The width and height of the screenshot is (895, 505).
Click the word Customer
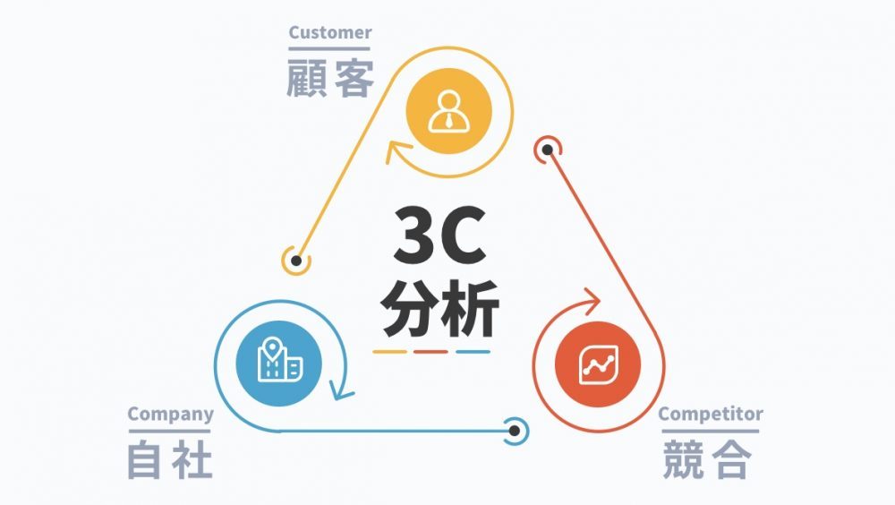(329, 33)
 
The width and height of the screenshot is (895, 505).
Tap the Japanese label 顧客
(330, 79)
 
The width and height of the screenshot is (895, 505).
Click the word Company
(170, 414)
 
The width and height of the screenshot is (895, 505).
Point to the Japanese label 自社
(170, 459)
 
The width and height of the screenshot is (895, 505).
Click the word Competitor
(710, 414)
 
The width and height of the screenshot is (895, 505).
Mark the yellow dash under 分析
(390, 351)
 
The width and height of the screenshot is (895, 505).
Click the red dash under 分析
(431, 351)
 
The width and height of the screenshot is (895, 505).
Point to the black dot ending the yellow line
(296, 261)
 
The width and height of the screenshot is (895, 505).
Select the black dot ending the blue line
(515, 431)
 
